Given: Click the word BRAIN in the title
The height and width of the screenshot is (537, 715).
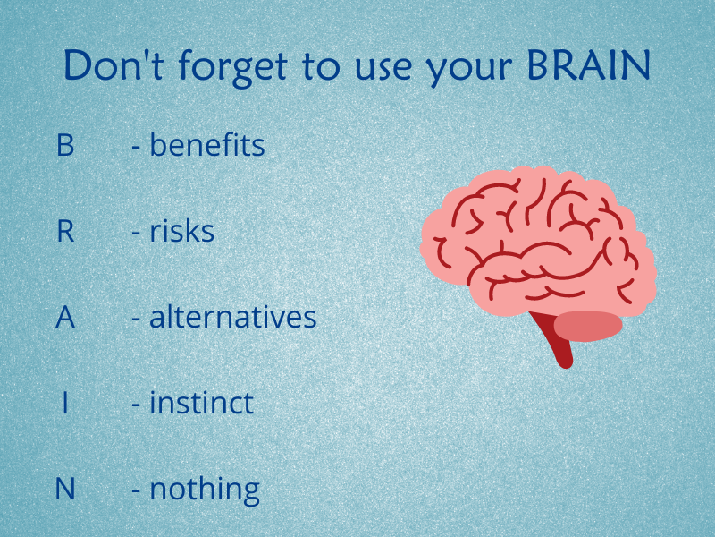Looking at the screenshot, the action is click(x=588, y=64).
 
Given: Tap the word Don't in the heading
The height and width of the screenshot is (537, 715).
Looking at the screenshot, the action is click(x=114, y=64).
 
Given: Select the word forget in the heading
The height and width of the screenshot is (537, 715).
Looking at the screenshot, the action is click(x=232, y=68).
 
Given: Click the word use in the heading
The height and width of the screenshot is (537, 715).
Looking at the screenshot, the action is click(x=383, y=70).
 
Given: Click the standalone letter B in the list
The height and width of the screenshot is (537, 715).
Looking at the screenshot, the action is click(x=65, y=145).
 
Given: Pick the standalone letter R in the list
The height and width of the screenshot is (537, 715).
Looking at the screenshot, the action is click(x=65, y=231).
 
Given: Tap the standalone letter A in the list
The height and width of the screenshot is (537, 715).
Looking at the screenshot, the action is click(x=65, y=317).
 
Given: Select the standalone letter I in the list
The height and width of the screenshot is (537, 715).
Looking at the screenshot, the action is click(x=65, y=403).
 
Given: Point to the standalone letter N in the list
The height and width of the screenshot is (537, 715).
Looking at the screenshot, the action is click(x=65, y=489).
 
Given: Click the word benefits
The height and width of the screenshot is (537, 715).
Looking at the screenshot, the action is click(x=207, y=144).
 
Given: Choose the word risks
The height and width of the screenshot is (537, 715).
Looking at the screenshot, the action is click(x=182, y=231).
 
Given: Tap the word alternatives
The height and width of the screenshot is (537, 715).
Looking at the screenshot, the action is click(x=233, y=317).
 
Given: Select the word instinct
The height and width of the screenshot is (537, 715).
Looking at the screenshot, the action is click(x=202, y=402).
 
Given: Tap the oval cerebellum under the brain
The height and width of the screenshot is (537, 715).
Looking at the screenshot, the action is click(x=588, y=326).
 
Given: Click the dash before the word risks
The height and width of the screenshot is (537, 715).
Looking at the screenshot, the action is click(x=136, y=233).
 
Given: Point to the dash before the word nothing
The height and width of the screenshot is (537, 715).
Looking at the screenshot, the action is click(x=136, y=490).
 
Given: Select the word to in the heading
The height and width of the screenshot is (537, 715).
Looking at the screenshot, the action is click(x=321, y=68).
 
